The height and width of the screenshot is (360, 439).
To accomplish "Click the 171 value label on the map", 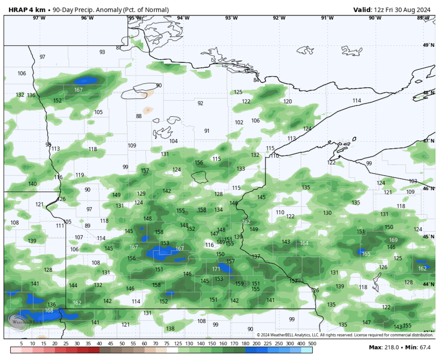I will (216, 269).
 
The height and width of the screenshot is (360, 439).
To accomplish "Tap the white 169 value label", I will (393, 240).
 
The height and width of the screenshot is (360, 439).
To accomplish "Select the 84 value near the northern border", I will (256, 80).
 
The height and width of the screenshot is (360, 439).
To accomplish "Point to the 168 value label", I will (49, 310).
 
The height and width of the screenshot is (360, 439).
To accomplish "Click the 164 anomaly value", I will (304, 243).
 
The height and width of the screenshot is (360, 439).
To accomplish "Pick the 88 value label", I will (139, 116).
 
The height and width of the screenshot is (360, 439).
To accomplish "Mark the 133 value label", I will (241, 168).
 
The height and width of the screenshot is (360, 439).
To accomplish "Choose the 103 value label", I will (413, 181).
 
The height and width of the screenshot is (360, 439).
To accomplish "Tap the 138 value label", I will (170, 329).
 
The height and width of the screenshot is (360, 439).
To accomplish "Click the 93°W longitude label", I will (231, 18).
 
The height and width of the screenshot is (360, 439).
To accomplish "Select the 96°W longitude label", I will (87, 18).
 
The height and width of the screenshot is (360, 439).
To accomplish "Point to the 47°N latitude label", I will (428, 141).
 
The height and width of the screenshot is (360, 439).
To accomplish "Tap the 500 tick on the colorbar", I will (312, 344).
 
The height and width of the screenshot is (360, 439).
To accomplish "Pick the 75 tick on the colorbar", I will (166, 344).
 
